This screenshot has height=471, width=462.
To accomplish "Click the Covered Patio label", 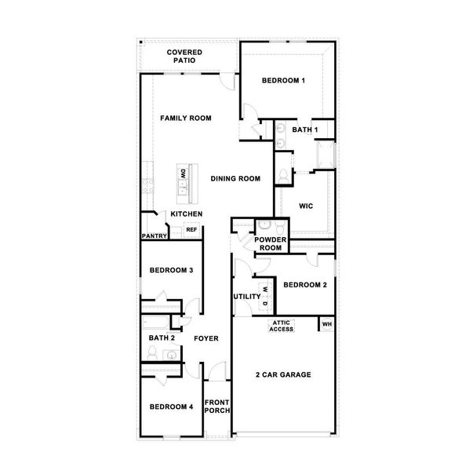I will click(185, 56).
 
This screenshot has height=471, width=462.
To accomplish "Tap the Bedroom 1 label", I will click(283, 81).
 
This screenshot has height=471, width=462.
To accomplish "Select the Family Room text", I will click(186, 119).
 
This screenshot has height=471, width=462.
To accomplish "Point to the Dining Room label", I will click(235, 179).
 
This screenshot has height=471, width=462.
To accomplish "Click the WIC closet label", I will click(307, 206).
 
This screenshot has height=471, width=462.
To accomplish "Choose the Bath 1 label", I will click(304, 130).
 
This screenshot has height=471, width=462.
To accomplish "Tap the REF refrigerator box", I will click(191, 230).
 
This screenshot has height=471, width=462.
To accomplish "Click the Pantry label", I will click(153, 235).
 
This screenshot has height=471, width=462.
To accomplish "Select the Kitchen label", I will click(187, 214).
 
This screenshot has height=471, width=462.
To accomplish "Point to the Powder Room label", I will click(271, 243).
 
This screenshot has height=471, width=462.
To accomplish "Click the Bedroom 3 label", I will click(172, 271).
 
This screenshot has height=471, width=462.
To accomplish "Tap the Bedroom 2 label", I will click(304, 285).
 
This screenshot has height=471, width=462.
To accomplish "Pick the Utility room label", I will click(246, 297).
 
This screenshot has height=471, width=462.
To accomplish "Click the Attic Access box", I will click(282, 327).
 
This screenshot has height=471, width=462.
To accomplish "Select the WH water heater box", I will click(327, 323).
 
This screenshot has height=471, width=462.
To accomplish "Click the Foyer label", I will click(206, 338).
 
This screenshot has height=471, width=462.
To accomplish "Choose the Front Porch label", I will click(216, 407).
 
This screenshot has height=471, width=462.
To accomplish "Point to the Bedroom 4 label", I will click(172, 407).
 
